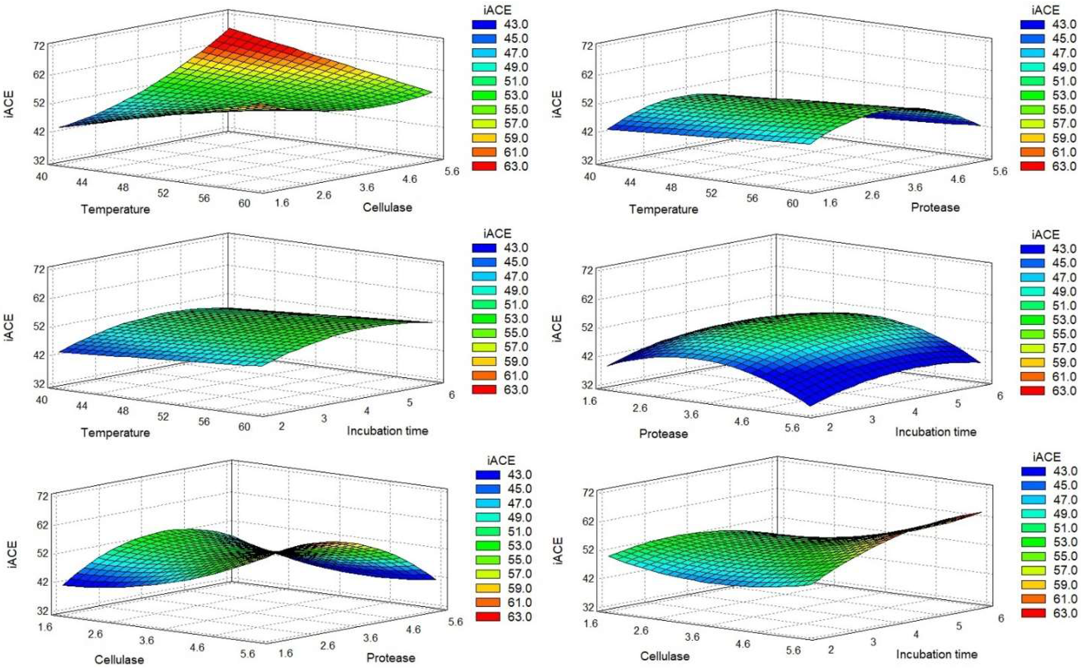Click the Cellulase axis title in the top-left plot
[387, 207]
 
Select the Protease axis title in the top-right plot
[935, 207]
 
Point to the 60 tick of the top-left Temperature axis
[244, 203]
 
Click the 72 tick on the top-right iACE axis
[588, 46]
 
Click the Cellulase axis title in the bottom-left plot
[119, 659]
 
